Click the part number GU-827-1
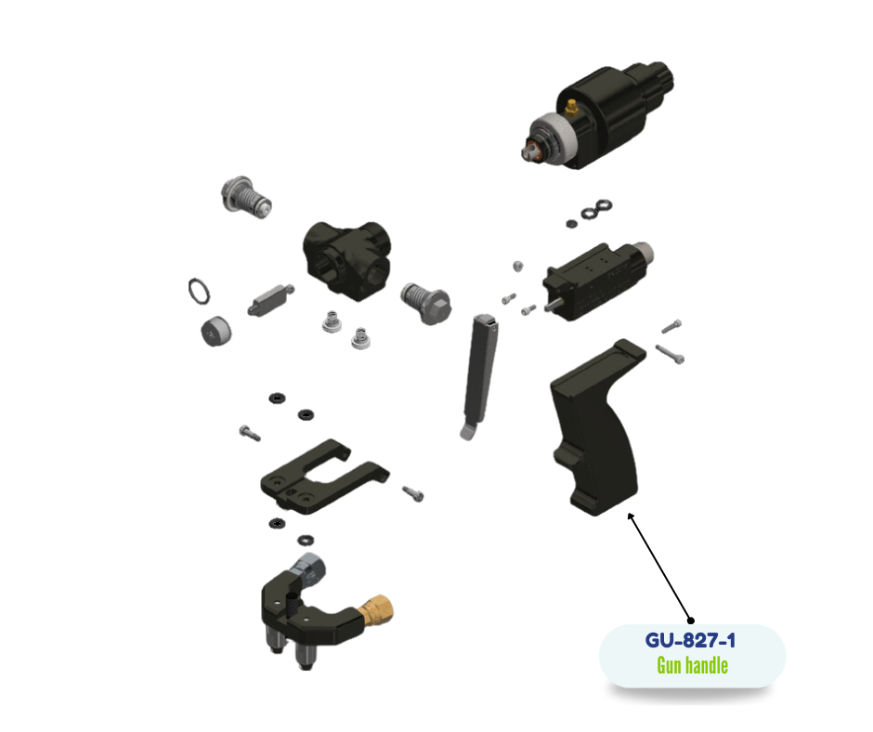[x=690, y=640]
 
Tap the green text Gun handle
[x=692, y=665]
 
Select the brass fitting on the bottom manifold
[x=375, y=610]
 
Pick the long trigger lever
[x=479, y=376]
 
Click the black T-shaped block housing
[x=346, y=259]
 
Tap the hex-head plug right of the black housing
[x=426, y=304]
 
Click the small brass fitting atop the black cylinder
[x=571, y=107]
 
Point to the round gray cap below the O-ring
[x=215, y=332]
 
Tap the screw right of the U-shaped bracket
[x=413, y=493]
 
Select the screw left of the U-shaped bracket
[x=250, y=433]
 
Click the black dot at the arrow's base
[x=691, y=621]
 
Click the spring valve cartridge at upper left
[x=245, y=198]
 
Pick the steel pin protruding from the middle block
[x=554, y=306]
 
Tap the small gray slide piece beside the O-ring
[x=270, y=300]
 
